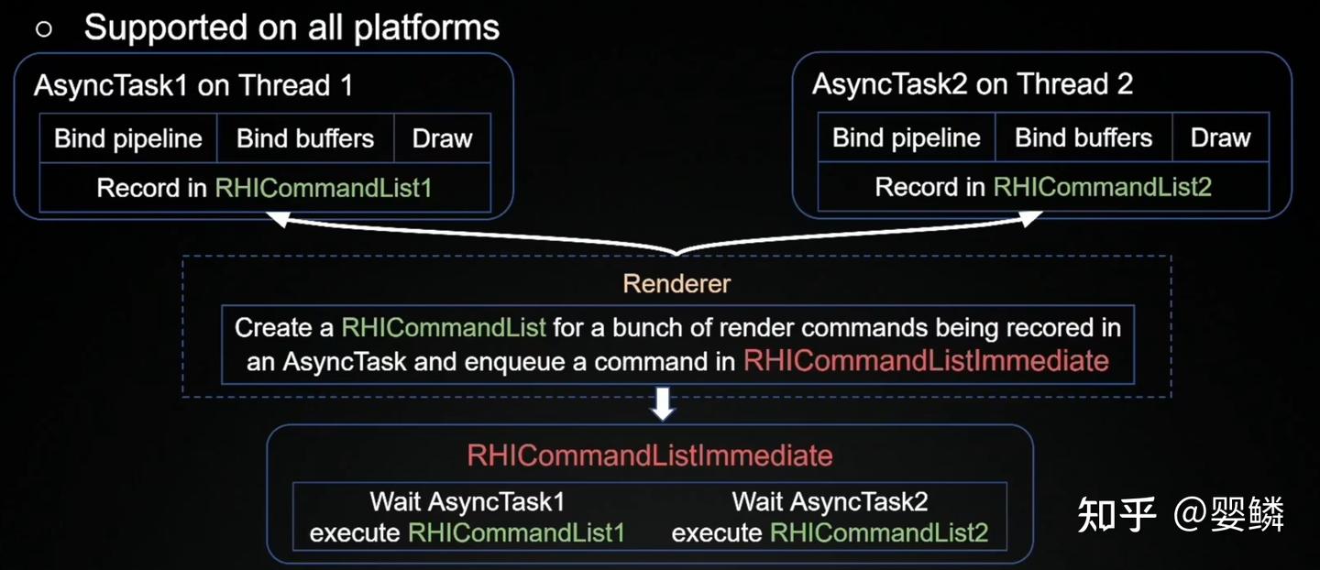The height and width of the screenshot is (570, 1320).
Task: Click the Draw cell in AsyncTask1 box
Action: pyautogui.click(x=443, y=138)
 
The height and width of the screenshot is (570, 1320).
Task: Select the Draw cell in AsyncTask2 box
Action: pyautogui.click(x=1220, y=138)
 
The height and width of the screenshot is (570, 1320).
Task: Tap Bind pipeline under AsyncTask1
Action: pyautogui.click(x=128, y=138)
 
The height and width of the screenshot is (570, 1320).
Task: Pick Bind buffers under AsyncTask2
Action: pyautogui.click(x=1083, y=138)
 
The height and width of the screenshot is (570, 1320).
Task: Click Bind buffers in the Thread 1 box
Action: pyautogui.click(x=305, y=138)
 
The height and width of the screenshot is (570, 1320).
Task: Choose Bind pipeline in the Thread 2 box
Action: pyautogui.click(x=907, y=138)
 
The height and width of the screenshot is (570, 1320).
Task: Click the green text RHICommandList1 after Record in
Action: pyautogui.click(x=323, y=189)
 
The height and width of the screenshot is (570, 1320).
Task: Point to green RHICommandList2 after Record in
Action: pyautogui.click(x=1103, y=188)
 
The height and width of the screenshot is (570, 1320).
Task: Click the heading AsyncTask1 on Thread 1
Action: pyautogui.click(x=192, y=86)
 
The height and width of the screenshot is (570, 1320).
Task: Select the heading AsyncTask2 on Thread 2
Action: pyautogui.click(x=972, y=85)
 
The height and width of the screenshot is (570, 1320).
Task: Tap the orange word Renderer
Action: pyautogui.click(x=676, y=283)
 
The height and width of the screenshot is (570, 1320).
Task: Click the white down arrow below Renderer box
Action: pyautogui.click(x=663, y=405)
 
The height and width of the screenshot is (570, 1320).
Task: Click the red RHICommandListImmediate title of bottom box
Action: pyautogui.click(x=649, y=455)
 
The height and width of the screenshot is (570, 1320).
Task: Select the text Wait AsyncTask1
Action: pyautogui.click(x=467, y=502)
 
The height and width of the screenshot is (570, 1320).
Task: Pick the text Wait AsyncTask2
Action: pyautogui.click(x=830, y=502)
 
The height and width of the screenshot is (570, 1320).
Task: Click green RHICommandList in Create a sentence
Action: pyautogui.click(x=444, y=327)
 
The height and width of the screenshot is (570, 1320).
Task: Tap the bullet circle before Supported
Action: pyautogui.click(x=44, y=28)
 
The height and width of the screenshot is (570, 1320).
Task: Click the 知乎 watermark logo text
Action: pyautogui.click(x=1116, y=514)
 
